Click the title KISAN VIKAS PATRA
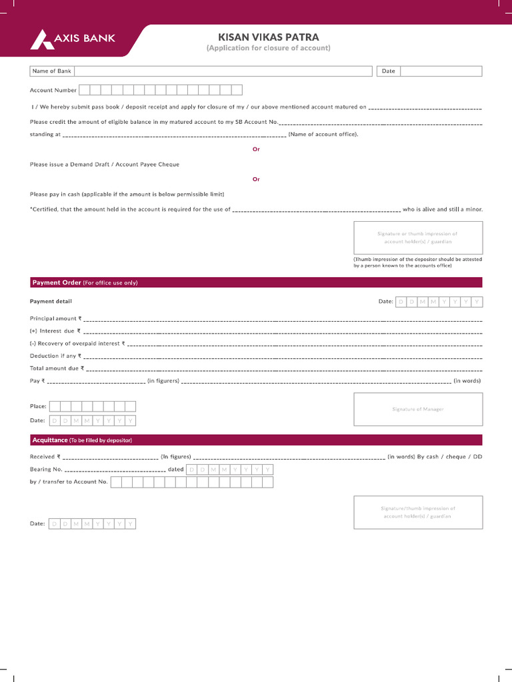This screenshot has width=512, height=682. pos(269,37)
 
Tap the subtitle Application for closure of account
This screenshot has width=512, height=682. pos(268,49)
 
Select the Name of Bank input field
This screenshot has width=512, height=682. pos(223,71)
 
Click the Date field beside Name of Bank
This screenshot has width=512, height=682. pos(441,71)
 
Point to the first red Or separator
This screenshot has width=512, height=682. pos(256,149)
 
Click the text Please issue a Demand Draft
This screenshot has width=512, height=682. pos(105,164)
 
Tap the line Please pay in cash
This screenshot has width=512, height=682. pos(127,194)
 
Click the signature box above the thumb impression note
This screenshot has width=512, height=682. pos(417,238)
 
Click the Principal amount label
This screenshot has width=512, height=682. pos(53,319)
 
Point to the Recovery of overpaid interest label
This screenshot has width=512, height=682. pos(76,344)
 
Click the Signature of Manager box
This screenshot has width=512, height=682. pos(417,409)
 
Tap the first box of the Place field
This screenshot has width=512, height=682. pos(55,406)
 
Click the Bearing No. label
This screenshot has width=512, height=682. pos(46,470)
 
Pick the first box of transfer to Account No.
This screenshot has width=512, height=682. pos(116,482)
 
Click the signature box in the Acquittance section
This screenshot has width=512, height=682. pos(417,512)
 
